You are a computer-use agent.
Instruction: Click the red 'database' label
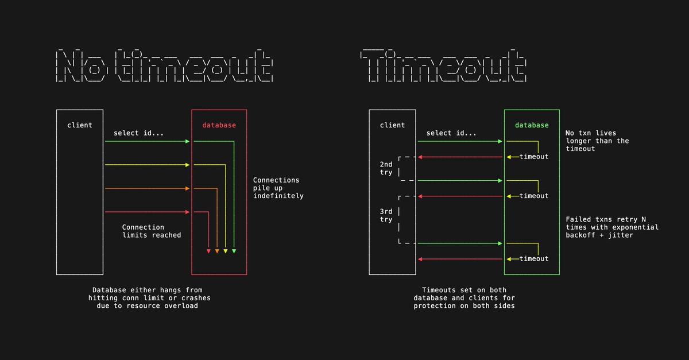point(219,125)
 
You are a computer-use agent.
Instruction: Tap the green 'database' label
point(531,125)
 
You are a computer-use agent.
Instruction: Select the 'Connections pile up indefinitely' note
point(278,188)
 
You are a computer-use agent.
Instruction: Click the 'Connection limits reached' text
point(152,231)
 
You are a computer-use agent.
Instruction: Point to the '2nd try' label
point(386,168)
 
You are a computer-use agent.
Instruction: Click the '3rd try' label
point(386,215)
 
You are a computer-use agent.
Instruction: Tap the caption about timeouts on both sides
point(465,298)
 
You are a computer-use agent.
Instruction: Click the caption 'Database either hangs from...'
point(149,298)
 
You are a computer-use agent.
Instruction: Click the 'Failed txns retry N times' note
point(612,227)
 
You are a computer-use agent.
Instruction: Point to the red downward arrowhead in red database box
point(208,251)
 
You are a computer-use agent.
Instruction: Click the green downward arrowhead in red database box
point(234,251)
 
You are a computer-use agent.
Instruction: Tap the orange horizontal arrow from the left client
point(146,188)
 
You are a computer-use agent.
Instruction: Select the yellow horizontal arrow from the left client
point(146,165)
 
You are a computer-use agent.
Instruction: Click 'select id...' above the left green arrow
point(138,133)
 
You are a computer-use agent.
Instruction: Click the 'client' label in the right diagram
point(392,125)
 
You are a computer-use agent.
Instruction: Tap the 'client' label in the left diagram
point(80,125)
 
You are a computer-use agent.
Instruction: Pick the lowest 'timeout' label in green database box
point(534,259)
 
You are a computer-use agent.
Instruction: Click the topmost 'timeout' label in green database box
point(534,157)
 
